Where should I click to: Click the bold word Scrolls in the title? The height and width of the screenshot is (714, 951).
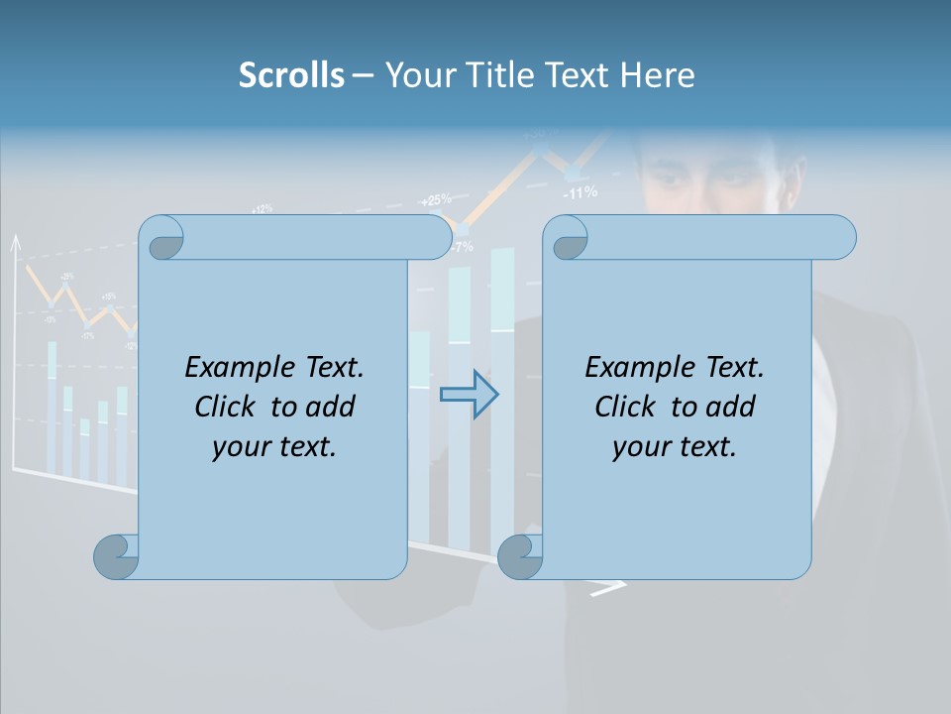coord(291,75)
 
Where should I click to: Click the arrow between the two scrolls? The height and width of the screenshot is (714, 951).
coord(469,395)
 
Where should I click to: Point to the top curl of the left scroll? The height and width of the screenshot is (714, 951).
coord(161,238)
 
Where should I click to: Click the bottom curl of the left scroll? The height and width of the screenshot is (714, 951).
coord(116,556)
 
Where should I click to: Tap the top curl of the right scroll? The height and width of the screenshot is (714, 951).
coord(567,238)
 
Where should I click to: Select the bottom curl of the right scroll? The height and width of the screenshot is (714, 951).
coord(519,556)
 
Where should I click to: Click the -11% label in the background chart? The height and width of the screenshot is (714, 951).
coord(581,193)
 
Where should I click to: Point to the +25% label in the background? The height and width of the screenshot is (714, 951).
coord(435,199)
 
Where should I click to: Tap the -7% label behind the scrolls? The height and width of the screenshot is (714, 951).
coord(463,246)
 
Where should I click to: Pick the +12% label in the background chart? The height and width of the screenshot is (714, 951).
coord(262,209)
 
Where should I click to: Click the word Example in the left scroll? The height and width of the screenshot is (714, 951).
coord(230,367)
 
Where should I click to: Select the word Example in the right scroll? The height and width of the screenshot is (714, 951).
coord(630,367)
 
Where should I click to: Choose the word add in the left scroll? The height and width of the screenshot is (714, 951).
coord(331,407)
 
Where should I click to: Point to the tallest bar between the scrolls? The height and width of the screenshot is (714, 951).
coord(502,397)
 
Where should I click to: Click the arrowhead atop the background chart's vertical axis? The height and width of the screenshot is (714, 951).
coord(15,242)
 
